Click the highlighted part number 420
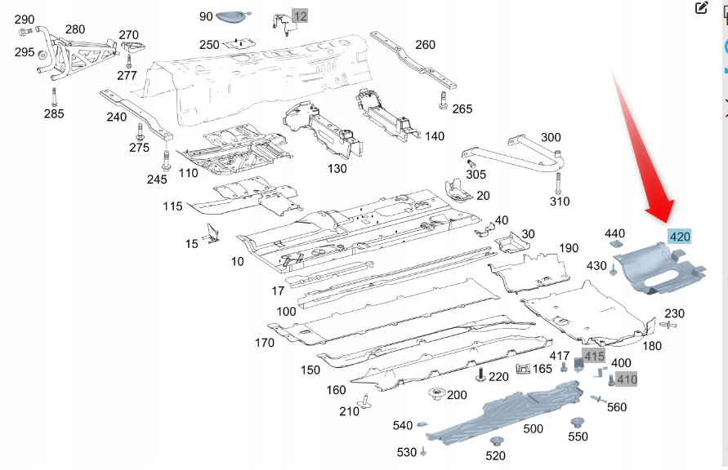(679, 237)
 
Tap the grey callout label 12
(301, 16)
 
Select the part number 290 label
(25, 20)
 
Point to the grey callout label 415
(594, 357)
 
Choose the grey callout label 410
(627, 379)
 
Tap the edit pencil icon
(701, 8)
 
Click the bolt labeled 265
(443, 101)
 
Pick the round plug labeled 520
(496, 441)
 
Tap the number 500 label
(533, 429)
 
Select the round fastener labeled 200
(435, 395)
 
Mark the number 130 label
(337, 169)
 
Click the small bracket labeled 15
(212, 234)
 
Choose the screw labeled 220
(480, 375)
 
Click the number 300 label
(551, 138)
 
